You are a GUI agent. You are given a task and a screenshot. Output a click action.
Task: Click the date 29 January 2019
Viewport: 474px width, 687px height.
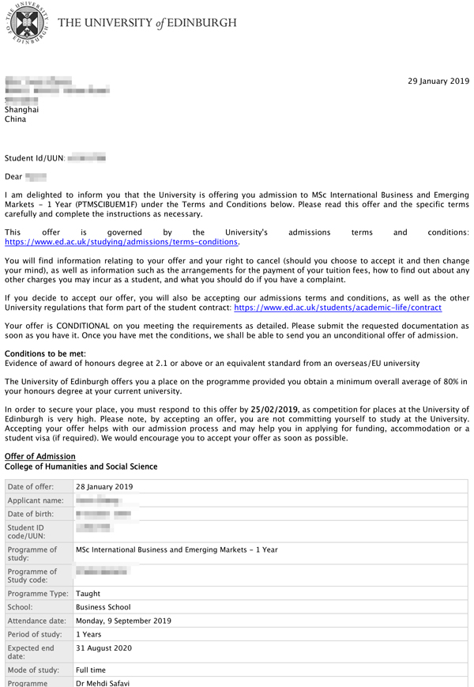coord(438,81)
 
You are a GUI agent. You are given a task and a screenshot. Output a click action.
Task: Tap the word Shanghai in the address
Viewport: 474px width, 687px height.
coord(21,110)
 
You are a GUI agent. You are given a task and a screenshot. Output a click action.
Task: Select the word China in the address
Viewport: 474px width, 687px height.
coord(15,120)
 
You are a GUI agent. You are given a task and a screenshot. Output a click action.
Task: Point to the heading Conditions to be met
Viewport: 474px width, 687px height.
coord(45,353)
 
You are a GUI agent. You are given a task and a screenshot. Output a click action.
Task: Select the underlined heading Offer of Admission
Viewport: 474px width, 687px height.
coord(40,456)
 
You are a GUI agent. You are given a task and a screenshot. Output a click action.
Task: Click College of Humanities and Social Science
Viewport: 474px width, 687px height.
coord(81,466)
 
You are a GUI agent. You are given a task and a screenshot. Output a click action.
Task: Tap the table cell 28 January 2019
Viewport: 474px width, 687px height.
coord(104,487)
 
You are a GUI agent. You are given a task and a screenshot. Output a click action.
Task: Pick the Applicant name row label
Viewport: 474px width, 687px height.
coord(34,501)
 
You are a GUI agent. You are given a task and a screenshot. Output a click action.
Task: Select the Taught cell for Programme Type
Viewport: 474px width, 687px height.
coord(88,594)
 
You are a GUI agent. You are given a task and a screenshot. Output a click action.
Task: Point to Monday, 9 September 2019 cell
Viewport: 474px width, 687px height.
coord(123,621)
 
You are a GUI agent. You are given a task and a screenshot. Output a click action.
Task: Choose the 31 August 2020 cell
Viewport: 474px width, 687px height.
coord(103,647)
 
